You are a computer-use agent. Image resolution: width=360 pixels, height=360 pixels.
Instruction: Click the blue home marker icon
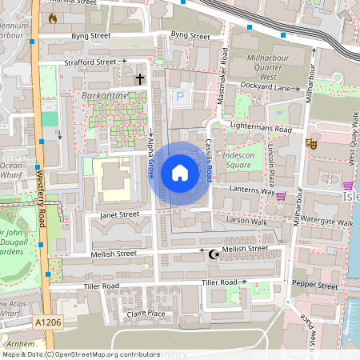pos(180,173)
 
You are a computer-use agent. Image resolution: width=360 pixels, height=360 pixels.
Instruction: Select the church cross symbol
pos(141,79)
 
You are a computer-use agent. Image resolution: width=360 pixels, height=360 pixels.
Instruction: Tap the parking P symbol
pos(181,97)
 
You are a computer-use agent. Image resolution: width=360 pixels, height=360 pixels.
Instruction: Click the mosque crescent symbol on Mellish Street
pos(213,254)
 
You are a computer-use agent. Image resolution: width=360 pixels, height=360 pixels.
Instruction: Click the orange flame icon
pos(53,18)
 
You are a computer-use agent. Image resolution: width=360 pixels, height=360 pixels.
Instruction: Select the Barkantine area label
pos(105,95)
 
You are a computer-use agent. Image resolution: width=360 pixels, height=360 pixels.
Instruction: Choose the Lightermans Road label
pos(262,129)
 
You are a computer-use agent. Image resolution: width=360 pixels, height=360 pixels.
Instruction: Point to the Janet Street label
pos(119,214)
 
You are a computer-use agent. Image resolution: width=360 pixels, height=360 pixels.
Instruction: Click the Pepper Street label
pos(314,285)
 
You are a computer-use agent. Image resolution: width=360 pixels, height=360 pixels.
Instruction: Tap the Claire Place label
pos(146,314)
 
